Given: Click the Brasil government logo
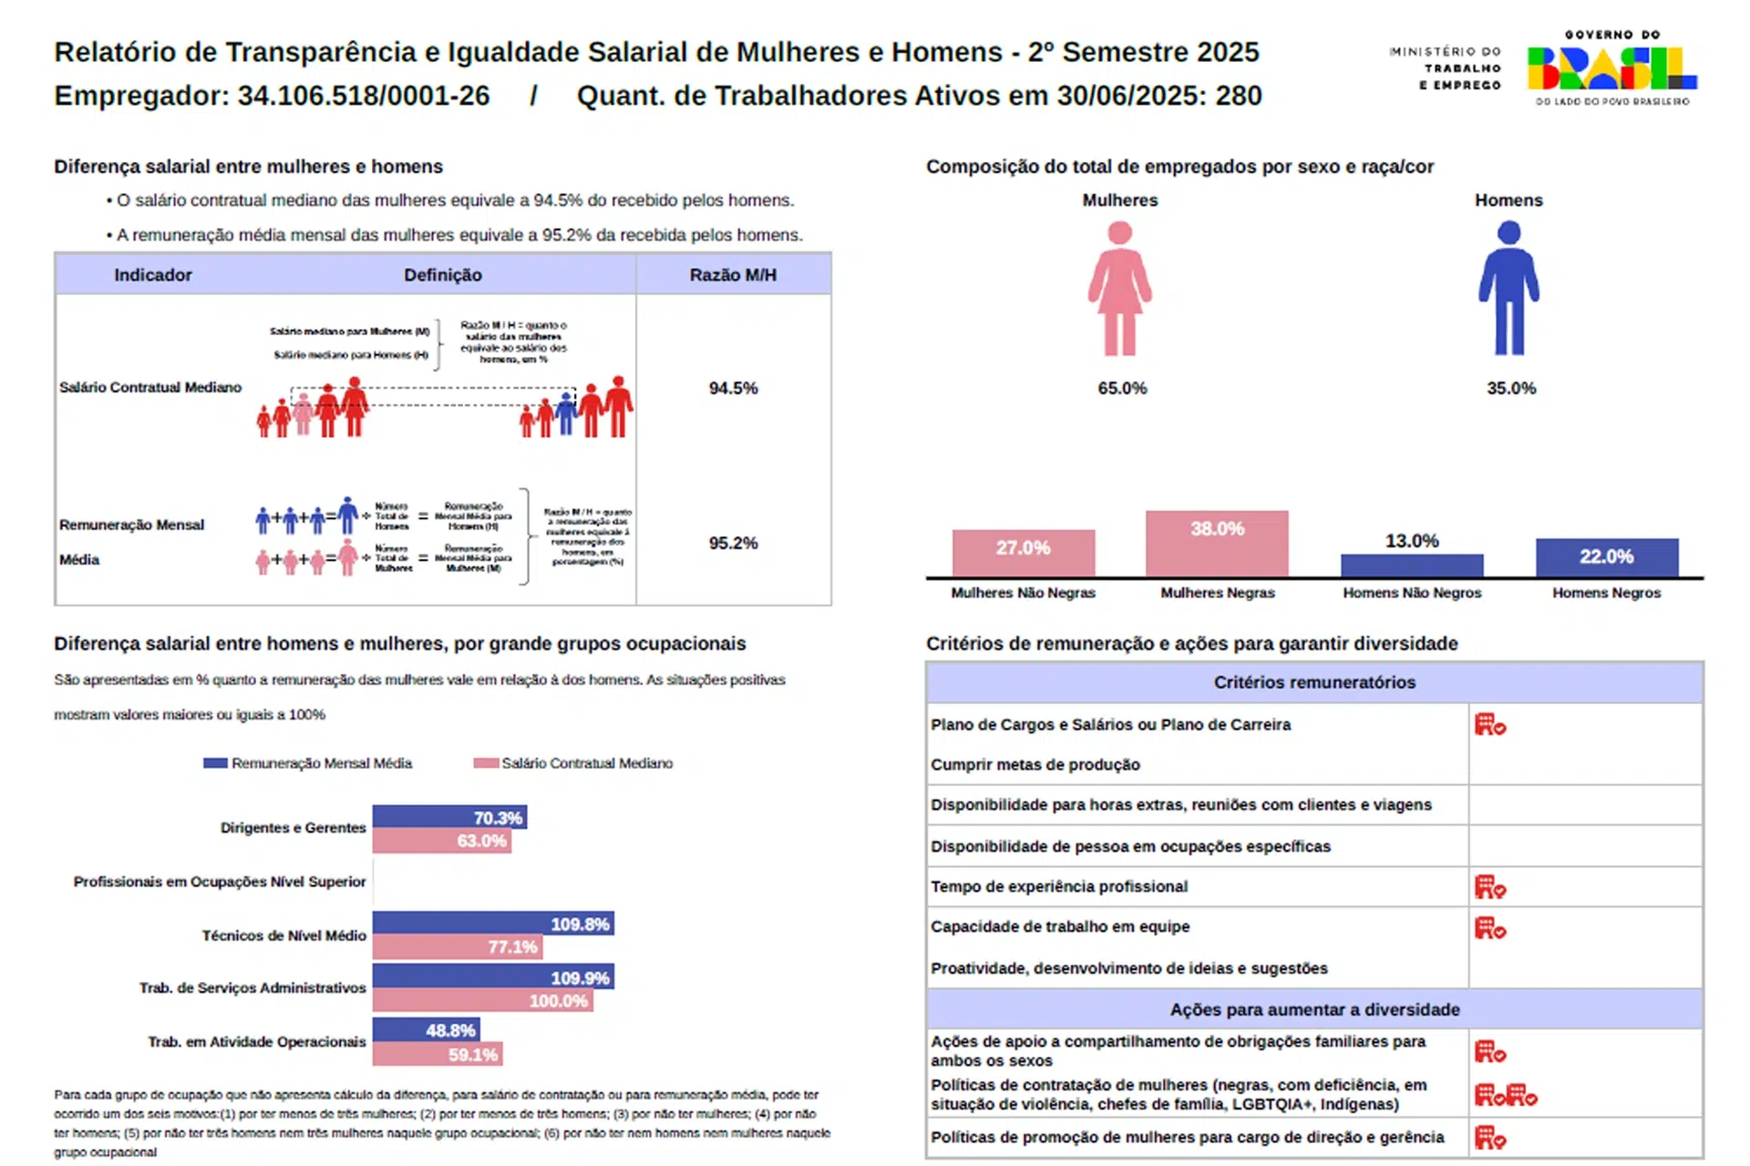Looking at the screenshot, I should tap(1611, 68).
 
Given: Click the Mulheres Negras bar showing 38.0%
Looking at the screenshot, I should tap(1217, 543).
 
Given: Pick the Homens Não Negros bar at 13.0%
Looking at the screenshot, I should tap(1411, 565).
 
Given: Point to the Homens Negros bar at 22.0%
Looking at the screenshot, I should tap(1606, 557).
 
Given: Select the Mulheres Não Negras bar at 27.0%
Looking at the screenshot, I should tap(1023, 552).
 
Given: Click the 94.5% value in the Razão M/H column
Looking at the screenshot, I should tap(733, 388).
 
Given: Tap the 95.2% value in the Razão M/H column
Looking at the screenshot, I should tap(733, 543).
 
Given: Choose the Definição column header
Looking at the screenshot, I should tap(443, 275).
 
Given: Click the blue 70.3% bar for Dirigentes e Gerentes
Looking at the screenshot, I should tap(448, 817).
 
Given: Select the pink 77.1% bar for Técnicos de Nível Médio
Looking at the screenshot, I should tap(458, 947).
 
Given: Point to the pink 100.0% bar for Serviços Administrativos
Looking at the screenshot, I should tap(482, 1001).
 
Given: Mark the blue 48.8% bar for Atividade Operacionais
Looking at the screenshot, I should tap(426, 1030).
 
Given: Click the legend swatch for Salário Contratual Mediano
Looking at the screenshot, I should tap(486, 763).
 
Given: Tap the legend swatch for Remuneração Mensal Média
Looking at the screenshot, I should tap(215, 763).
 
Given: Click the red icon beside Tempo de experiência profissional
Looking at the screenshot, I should tap(1489, 886).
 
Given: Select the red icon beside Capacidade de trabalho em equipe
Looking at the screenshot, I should tap(1489, 928).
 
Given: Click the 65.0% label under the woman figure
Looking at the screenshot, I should tap(1122, 388).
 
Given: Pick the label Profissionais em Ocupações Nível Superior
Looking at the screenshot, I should tap(220, 882).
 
